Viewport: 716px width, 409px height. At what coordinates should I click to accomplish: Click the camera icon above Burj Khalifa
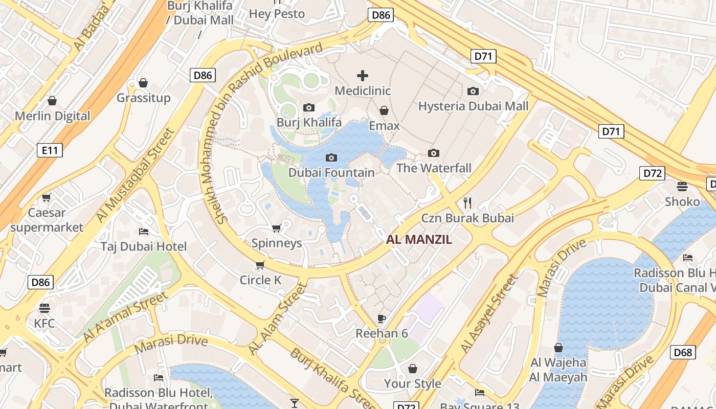point(308,107)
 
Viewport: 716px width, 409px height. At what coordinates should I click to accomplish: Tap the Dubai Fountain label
point(331,173)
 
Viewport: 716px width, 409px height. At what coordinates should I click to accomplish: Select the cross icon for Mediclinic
point(363,76)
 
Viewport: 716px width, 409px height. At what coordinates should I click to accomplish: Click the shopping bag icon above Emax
point(384,110)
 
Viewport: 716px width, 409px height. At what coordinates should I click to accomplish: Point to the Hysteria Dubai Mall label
point(473,106)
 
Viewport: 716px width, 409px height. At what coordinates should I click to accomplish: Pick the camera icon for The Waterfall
point(434,153)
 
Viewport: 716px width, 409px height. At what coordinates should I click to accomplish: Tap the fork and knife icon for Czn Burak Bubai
point(467,202)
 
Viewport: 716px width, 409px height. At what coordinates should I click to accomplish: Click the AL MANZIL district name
point(419,239)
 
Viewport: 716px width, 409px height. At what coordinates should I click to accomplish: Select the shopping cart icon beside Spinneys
point(277,228)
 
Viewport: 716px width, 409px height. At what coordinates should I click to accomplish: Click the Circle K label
point(260,280)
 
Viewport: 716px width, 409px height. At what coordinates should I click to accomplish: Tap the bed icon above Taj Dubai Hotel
point(144,232)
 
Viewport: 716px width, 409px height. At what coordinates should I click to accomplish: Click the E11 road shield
point(50,150)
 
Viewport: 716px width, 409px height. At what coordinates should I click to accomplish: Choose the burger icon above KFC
point(44,308)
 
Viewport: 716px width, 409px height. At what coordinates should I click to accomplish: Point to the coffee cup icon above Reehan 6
point(382,319)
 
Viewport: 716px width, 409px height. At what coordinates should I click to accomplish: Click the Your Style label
point(412,383)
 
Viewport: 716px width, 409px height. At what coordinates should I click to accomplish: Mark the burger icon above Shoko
point(682,186)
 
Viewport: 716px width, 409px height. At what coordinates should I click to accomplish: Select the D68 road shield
point(683,352)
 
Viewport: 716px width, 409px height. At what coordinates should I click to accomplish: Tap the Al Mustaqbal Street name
point(136,175)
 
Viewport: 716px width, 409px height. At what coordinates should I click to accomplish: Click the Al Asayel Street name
point(489,314)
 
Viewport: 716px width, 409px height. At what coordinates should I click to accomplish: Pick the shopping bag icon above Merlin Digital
point(52,101)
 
